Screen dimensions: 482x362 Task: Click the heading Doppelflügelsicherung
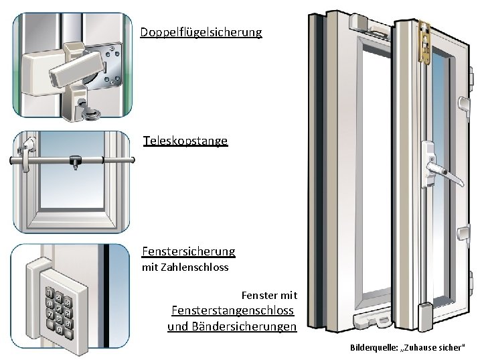[x=201, y=32]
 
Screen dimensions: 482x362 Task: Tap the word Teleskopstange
[x=185, y=141]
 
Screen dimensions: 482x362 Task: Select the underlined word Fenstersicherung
[x=188, y=251]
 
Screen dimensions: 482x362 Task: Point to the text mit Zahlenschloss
[x=185, y=267]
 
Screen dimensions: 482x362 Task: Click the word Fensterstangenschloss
[x=233, y=310]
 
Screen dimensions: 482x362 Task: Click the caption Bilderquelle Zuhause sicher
[x=407, y=347]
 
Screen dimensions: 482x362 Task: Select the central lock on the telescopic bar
[x=75, y=161]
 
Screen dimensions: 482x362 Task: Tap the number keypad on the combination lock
[x=59, y=310]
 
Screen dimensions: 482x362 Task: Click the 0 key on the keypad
[x=60, y=330]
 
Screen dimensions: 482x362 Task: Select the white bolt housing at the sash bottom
[x=424, y=316]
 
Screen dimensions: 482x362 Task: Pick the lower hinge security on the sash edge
[x=464, y=235]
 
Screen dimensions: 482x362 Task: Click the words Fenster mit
[x=269, y=296]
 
